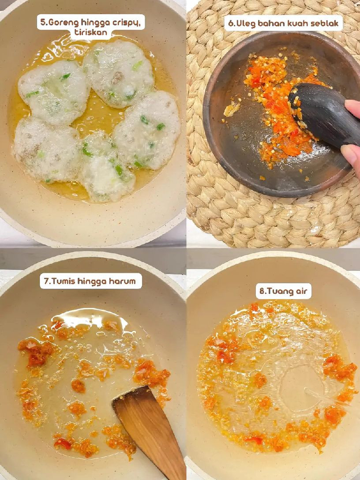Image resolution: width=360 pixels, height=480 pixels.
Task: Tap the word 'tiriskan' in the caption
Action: click(90, 33)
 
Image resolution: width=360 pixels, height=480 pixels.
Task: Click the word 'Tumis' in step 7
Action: click(63, 281)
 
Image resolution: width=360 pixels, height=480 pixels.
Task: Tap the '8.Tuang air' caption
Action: click(284, 291)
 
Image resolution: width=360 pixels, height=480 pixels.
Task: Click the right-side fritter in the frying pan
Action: click(148, 130)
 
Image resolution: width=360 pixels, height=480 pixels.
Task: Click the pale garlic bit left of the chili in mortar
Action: click(232, 109)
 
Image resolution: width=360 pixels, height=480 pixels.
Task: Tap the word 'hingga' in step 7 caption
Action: click(93, 281)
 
